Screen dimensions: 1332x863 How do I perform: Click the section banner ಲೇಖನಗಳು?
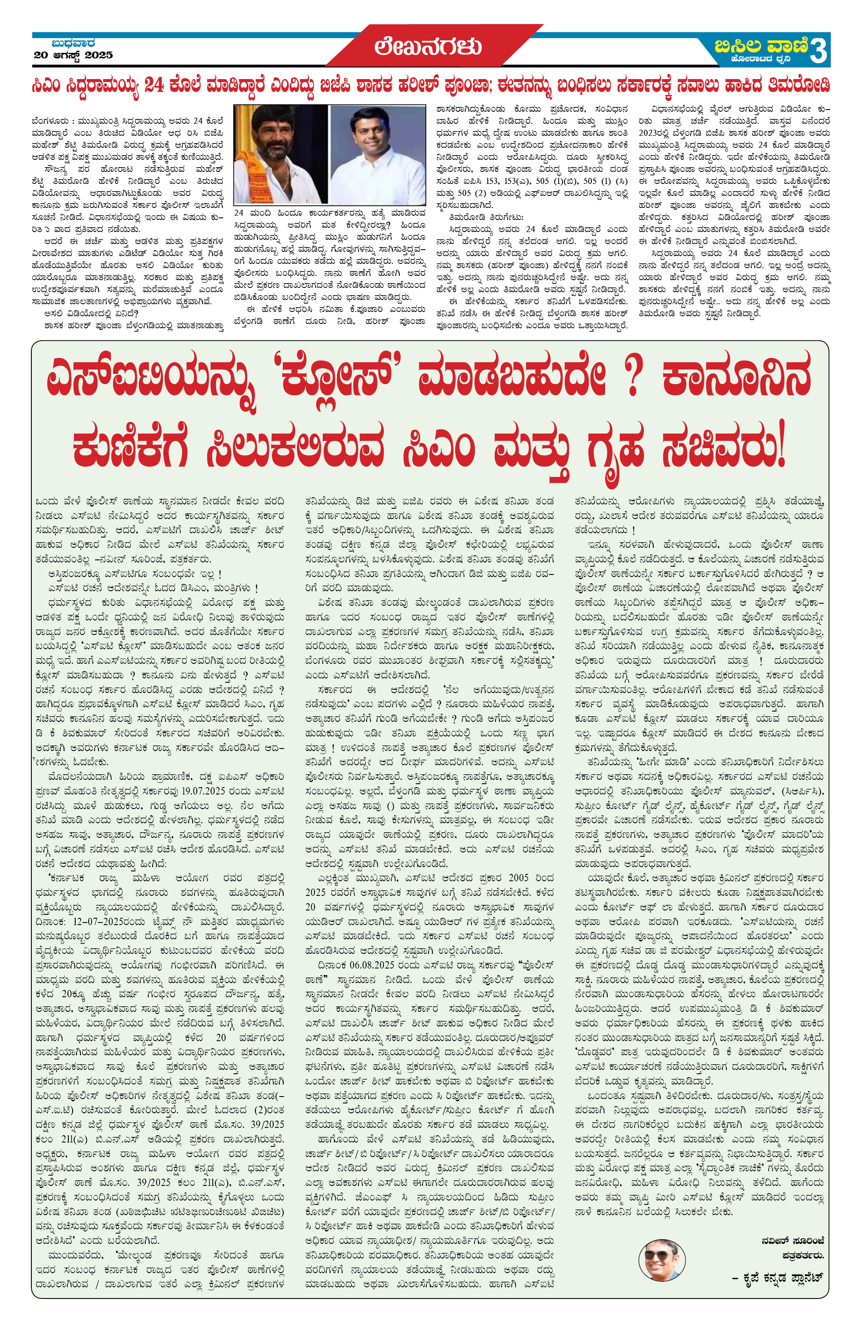[428, 47]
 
